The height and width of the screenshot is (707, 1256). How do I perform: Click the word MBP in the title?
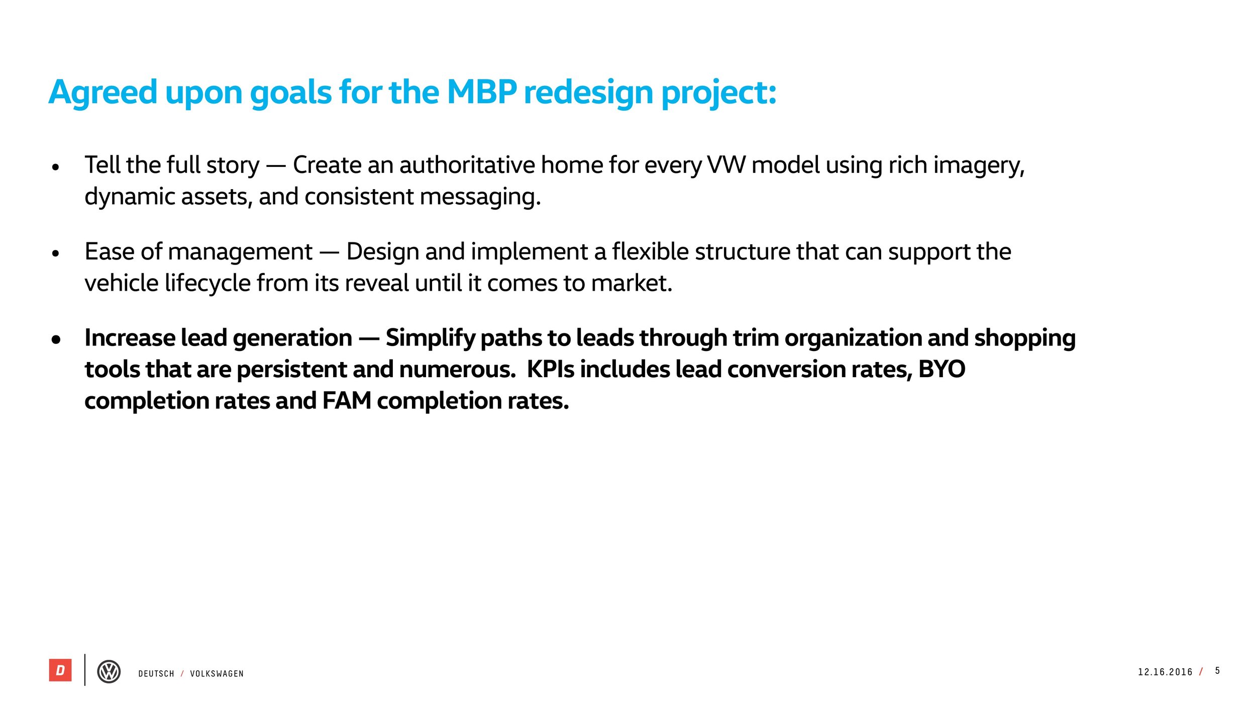click(481, 93)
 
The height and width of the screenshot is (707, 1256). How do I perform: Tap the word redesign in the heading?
click(588, 94)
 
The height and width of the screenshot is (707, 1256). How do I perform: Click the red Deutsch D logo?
click(60, 670)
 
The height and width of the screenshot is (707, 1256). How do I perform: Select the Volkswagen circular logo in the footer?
click(109, 671)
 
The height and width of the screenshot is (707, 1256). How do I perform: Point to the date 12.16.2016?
click(1165, 672)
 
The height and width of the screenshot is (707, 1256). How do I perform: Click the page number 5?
click(1217, 671)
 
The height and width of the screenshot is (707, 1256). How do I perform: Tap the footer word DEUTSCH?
click(156, 674)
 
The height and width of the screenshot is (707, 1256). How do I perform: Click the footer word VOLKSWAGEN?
click(217, 674)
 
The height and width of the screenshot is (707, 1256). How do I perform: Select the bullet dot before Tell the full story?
click(56, 167)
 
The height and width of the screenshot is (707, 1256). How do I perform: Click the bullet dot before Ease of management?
click(56, 253)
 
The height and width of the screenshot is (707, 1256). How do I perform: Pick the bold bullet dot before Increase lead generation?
click(56, 340)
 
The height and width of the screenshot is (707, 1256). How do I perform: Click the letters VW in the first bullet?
click(726, 165)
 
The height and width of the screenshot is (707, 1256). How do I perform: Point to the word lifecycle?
click(207, 283)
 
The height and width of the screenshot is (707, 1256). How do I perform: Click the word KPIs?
click(550, 370)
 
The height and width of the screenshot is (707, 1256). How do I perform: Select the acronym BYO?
click(941, 370)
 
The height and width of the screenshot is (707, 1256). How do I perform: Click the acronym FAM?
click(346, 401)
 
